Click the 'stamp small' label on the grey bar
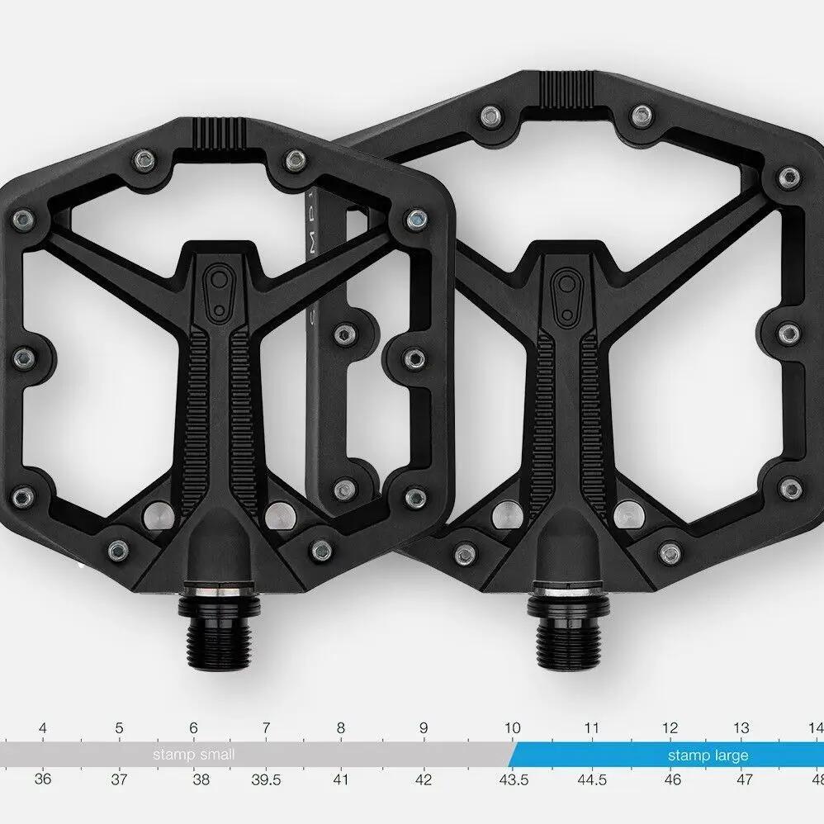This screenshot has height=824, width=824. click(x=194, y=755)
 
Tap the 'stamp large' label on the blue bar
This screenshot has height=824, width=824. click(x=708, y=755)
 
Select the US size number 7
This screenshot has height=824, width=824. click(x=267, y=728)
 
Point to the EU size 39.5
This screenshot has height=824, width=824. click(x=266, y=779)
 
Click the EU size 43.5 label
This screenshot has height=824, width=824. click(x=514, y=779)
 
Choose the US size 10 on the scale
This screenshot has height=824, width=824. click(x=513, y=728)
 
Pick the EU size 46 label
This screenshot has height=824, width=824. click(x=672, y=779)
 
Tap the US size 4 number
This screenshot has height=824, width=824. click(x=43, y=728)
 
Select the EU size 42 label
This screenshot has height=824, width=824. click(x=424, y=779)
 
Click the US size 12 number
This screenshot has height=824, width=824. click(x=670, y=728)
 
